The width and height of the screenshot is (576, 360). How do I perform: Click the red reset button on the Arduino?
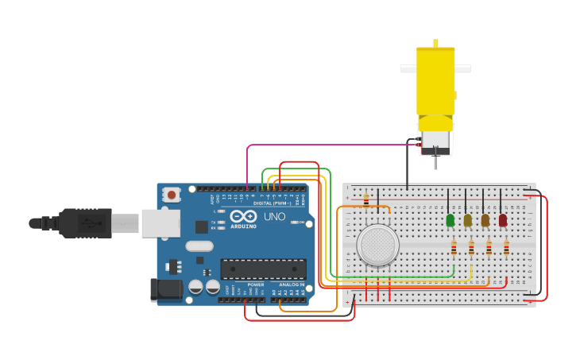[x=172, y=194]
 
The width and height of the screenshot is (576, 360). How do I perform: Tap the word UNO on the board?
[x=274, y=216]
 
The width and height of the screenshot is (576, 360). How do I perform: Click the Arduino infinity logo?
[x=242, y=216]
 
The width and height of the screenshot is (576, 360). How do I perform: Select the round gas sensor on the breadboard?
[x=377, y=245]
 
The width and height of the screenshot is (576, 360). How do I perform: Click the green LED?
[x=450, y=219]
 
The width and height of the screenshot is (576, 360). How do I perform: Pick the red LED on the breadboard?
[x=502, y=219]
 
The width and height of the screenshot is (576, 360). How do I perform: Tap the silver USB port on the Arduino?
[x=160, y=223]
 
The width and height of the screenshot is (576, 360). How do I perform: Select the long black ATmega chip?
[x=263, y=269]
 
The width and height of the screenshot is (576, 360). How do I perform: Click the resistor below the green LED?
[x=454, y=248]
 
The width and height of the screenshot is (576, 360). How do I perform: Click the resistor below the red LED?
[x=506, y=248]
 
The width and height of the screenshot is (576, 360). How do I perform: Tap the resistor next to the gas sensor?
[x=366, y=199]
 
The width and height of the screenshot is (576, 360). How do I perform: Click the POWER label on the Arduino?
[x=255, y=284]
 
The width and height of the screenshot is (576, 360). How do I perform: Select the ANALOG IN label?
[x=291, y=284]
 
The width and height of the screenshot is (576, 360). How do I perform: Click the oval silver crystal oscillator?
[x=200, y=246]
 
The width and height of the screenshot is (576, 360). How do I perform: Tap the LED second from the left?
[x=468, y=219]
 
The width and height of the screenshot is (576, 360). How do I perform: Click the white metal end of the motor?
[x=435, y=141]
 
